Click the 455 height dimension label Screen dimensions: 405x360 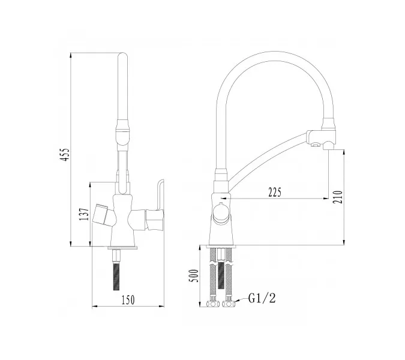[x=65, y=155]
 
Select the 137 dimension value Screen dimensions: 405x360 [x=85, y=214]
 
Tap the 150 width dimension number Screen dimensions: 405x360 [x=128, y=300]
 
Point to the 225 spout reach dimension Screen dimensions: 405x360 [x=275, y=193]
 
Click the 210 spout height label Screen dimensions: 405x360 [x=338, y=197]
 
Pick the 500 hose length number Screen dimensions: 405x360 [x=195, y=276]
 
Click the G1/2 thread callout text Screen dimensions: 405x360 [x=262, y=298]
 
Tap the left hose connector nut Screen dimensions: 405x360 [x=213, y=303]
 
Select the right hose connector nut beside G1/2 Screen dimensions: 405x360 [x=229, y=303]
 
